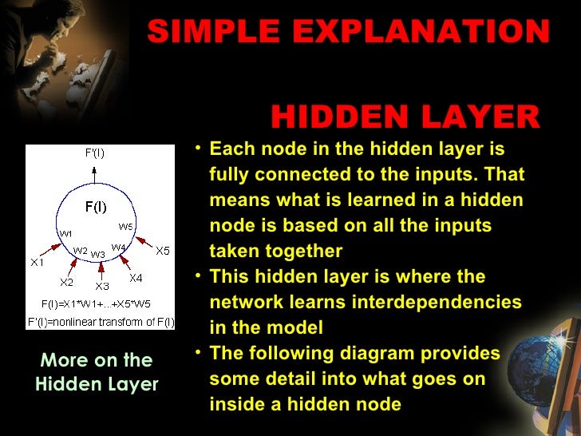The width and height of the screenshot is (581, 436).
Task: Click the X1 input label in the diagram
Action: click(x=38, y=262)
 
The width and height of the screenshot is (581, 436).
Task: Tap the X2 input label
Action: click(x=66, y=282)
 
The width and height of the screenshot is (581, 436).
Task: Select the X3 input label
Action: click(x=101, y=286)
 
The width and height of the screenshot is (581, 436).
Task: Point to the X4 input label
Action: click(x=136, y=278)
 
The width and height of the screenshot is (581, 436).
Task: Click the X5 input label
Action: click(x=162, y=251)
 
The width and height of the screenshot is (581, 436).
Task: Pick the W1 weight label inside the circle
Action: click(x=65, y=233)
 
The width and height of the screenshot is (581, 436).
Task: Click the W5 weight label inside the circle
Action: click(x=125, y=226)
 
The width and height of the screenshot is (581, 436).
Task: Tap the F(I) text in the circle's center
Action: click(x=96, y=208)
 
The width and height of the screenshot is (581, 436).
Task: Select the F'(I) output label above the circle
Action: click(x=94, y=153)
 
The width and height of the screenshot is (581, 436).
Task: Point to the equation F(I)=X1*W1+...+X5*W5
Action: click(x=96, y=304)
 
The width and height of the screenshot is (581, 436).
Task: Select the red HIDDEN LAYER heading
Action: click(x=405, y=117)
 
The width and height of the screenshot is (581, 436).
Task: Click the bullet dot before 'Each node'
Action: click(x=198, y=149)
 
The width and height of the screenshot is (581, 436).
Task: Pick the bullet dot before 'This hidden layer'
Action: click(x=198, y=276)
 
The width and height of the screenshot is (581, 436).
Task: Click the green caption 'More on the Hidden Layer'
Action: click(x=97, y=372)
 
